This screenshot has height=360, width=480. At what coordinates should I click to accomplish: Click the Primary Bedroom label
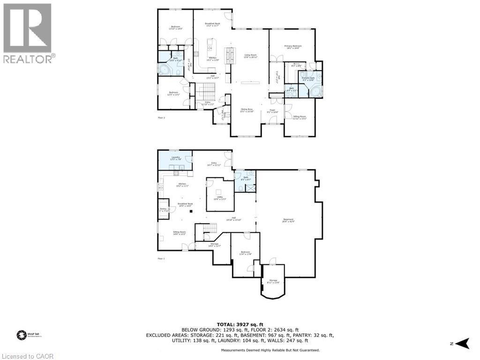point(293,46)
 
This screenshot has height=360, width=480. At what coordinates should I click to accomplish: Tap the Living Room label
point(251,56)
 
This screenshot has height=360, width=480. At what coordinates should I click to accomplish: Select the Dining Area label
point(247,110)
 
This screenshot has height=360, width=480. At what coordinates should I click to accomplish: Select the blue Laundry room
point(175,160)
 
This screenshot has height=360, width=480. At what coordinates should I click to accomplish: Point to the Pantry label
point(163,210)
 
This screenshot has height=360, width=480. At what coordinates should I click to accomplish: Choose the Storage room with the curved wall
point(273,281)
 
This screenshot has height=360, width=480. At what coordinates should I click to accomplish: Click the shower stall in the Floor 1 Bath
point(251,188)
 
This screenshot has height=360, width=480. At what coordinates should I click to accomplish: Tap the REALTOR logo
point(28,33)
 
